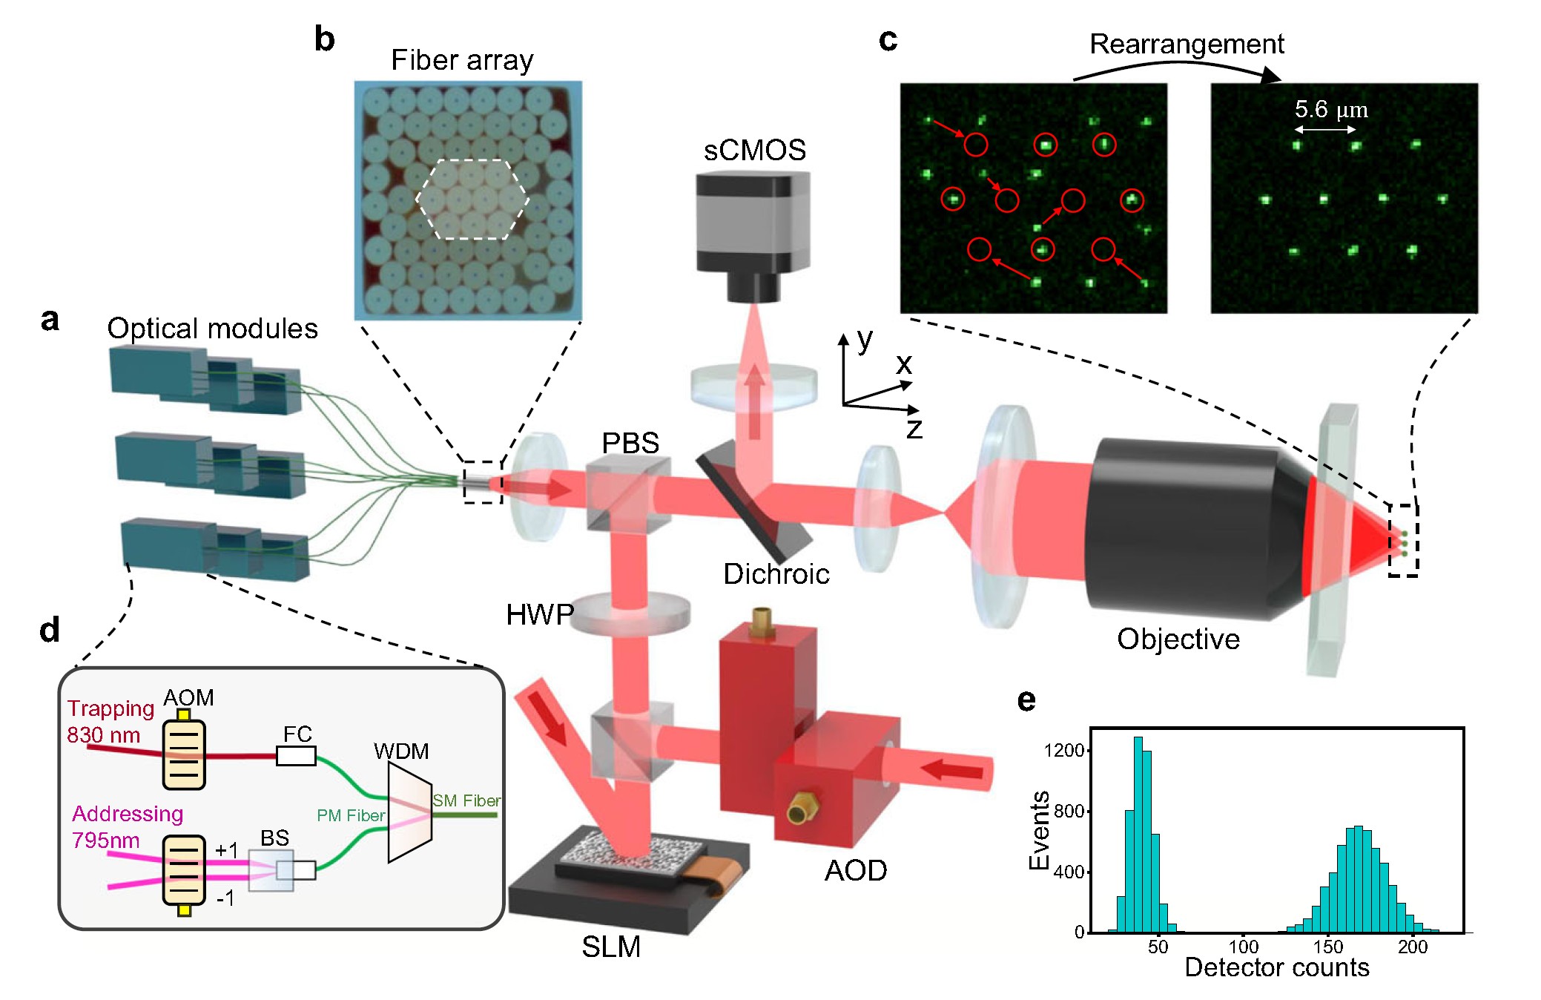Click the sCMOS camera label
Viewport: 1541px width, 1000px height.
(754, 151)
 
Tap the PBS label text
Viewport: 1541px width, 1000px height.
(630, 443)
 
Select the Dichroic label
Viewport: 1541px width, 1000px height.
(776, 574)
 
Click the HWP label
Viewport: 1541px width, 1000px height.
(539, 614)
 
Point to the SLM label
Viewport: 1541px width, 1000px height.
(610, 947)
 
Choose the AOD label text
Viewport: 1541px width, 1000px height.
(855, 870)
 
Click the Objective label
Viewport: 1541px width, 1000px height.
(1178, 639)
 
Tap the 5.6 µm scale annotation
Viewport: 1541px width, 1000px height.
(1330, 110)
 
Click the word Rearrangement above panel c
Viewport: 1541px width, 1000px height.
(1186, 45)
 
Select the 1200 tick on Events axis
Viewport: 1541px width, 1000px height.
(1063, 751)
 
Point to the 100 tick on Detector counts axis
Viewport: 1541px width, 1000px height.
(1243, 947)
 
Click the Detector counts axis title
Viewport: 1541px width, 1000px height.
(1276, 967)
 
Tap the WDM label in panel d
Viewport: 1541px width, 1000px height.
(401, 751)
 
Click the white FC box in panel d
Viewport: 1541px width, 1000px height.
(296, 756)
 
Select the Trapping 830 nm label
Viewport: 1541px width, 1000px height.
(110, 721)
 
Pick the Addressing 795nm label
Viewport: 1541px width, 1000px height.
(126, 826)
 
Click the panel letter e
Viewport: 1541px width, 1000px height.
(1026, 700)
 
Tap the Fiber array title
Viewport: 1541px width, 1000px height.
(462, 60)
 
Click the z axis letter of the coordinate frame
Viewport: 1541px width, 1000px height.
(914, 429)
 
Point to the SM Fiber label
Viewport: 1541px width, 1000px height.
(466, 800)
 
